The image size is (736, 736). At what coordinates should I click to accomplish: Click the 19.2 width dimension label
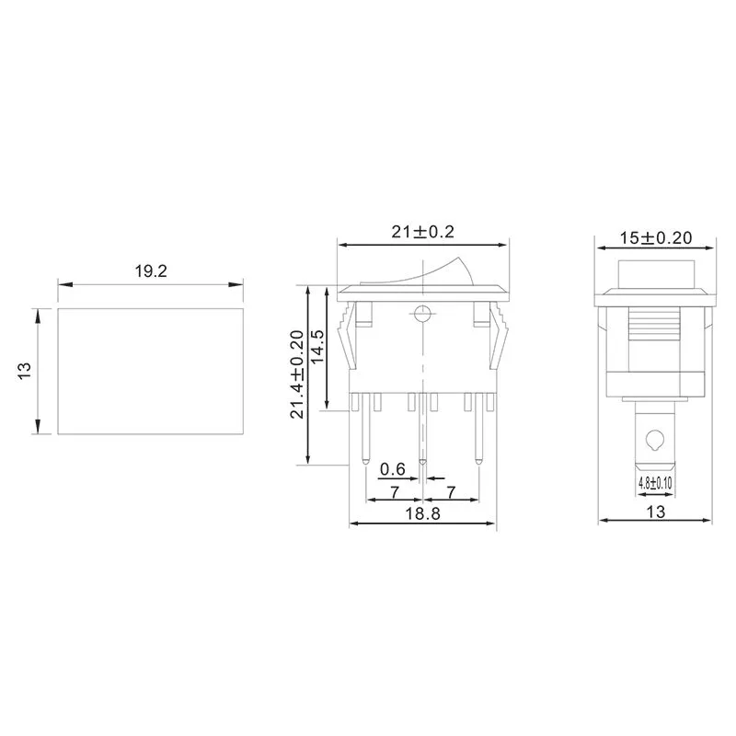click(152, 271)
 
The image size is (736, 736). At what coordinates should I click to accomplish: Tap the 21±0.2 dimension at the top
click(423, 233)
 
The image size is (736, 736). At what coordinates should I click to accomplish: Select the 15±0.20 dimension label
click(655, 236)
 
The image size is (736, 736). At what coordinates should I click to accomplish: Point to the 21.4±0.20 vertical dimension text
click(296, 375)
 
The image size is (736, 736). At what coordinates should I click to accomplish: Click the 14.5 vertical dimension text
click(317, 349)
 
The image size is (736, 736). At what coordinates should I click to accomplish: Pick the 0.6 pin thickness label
click(392, 468)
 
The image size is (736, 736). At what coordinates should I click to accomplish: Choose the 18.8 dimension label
click(422, 515)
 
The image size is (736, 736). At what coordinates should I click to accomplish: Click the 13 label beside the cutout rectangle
click(25, 371)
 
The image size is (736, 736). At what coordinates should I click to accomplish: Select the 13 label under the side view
click(655, 512)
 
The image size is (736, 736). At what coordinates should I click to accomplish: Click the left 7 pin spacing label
click(394, 490)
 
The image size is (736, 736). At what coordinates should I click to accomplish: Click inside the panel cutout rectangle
click(152, 371)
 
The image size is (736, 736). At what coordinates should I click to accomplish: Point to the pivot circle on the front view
click(422, 312)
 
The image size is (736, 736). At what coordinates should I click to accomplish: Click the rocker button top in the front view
click(422, 274)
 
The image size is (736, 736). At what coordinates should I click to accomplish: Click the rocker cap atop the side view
click(654, 273)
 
